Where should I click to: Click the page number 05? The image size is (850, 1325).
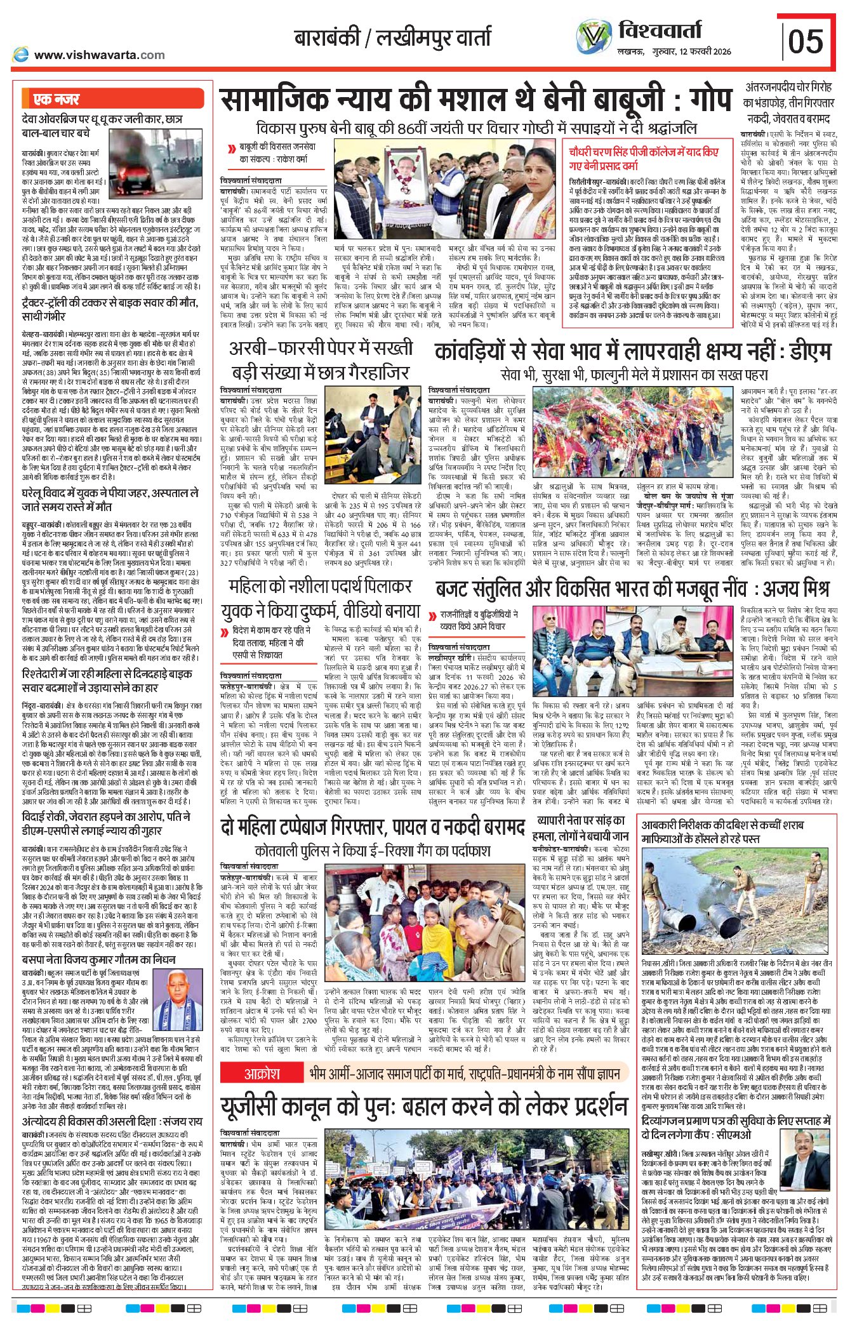pos(806,42)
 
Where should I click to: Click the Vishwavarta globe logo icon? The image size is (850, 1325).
pos(594,37)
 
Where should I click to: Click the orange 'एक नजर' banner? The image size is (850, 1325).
pos(56,99)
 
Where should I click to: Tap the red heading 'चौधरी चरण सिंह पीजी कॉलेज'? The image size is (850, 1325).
pos(644,153)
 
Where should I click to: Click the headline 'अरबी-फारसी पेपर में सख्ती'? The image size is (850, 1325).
pos(321,347)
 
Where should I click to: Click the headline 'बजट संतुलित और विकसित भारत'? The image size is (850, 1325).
pos(631,589)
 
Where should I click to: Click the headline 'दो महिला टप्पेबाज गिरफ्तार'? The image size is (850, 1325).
pos(372,827)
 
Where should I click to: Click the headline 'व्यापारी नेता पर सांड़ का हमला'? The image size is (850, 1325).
pos(580,828)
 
